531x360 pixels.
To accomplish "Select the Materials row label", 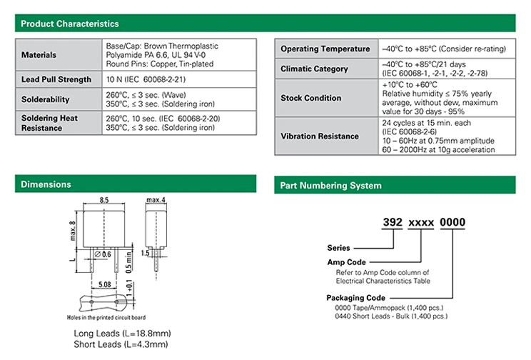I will [x=39, y=55].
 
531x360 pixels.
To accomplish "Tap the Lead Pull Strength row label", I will [x=56, y=79].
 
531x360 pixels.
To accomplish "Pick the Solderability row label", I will [x=46, y=99].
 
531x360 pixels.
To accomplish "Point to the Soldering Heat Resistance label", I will [x=49, y=123].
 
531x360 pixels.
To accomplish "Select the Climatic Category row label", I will [x=315, y=69].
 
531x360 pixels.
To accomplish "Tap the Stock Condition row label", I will [x=311, y=98].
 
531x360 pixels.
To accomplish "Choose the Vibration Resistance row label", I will [x=320, y=136].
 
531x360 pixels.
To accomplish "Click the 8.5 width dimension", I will [x=104, y=201].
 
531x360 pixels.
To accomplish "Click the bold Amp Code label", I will [x=346, y=263].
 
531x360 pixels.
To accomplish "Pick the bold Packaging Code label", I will [x=356, y=298].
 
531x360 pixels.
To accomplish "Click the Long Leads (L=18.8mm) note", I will [x=123, y=334].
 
